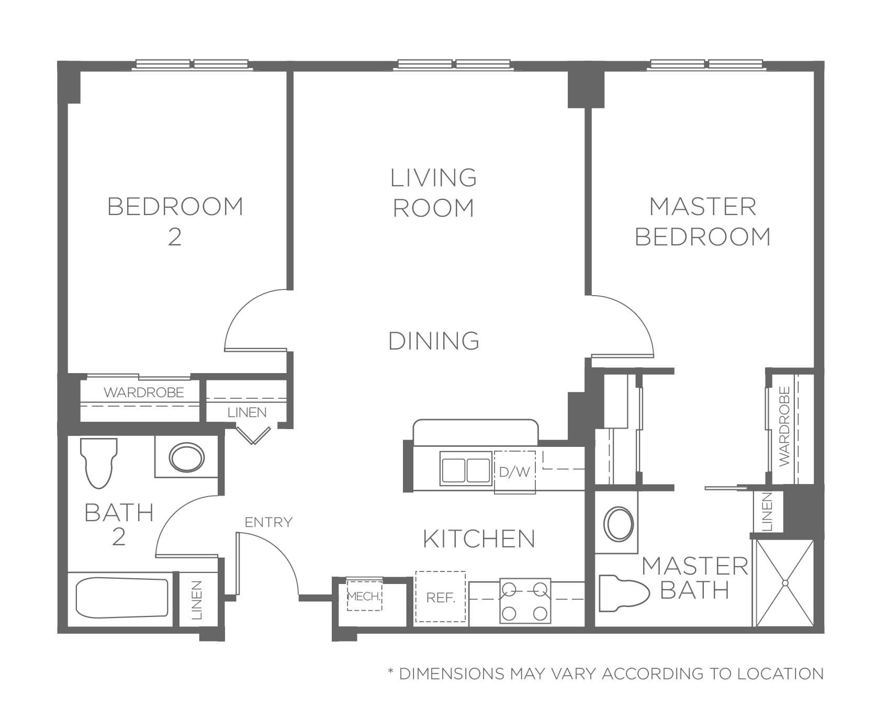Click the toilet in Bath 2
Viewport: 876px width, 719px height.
[x=99, y=463]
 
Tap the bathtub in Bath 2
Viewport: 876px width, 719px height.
[x=123, y=598]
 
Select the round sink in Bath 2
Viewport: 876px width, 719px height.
[x=186, y=457]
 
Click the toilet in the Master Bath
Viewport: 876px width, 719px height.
[x=625, y=593]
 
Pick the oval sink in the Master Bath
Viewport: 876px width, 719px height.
[x=619, y=523]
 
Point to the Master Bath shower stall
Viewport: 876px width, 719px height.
[x=784, y=582]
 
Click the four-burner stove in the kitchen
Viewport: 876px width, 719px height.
[x=525, y=600]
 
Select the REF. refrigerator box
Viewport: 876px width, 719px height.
[x=440, y=597]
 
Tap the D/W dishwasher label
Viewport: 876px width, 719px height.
[x=514, y=472]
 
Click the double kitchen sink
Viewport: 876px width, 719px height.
[x=466, y=469]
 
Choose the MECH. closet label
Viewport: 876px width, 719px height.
[x=365, y=596]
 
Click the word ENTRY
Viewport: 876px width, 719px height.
[x=268, y=522]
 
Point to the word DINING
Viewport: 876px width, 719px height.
[x=434, y=341]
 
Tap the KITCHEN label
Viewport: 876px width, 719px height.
[x=479, y=538]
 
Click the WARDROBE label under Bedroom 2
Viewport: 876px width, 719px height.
[x=144, y=392]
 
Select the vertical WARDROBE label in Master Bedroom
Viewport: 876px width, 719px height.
[x=783, y=426]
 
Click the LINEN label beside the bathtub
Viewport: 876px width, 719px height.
[x=197, y=600]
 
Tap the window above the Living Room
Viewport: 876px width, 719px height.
[x=454, y=64]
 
